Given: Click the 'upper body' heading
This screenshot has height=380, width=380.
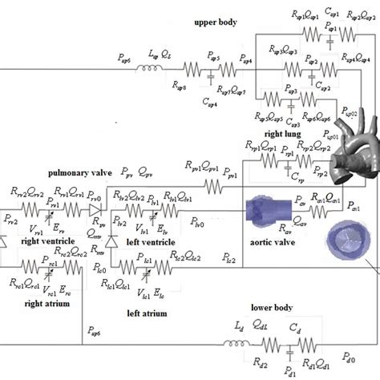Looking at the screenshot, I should point(215,22).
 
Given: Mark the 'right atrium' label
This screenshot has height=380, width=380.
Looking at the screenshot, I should point(43,303).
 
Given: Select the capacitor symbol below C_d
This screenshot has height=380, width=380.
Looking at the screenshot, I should point(290,346).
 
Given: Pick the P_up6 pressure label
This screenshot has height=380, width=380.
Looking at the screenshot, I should point(95,329).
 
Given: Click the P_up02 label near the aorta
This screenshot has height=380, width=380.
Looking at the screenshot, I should point(353,115).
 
